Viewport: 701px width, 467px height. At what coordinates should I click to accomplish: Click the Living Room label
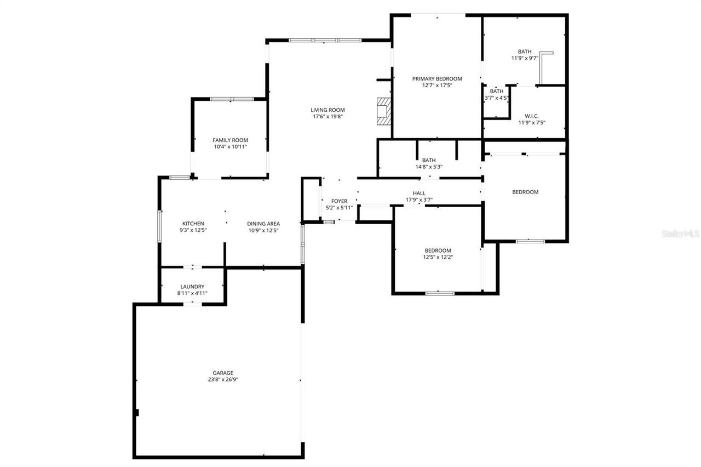click(329, 110)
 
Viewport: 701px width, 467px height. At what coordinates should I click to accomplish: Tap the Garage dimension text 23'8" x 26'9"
click(223, 379)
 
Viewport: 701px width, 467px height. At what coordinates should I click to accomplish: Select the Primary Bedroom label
click(437, 78)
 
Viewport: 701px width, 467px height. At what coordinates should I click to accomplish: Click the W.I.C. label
click(532, 116)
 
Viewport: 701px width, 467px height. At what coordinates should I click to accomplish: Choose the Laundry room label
click(192, 287)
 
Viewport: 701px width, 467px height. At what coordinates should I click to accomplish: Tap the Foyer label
click(339, 201)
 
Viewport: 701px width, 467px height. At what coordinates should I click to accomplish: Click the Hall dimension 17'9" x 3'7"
click(419, 200)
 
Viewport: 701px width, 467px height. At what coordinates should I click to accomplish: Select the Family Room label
click(231, 140)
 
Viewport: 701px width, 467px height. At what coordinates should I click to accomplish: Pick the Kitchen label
click(193, 224)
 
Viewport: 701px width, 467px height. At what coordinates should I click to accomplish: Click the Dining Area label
click(263, 224)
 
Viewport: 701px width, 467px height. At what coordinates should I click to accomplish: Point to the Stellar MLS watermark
click(681, 233)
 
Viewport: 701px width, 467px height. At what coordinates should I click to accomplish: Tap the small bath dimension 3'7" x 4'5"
click(497, 98)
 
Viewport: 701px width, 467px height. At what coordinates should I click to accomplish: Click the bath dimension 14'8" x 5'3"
click(429, 167)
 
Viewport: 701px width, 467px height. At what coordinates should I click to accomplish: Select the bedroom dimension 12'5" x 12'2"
click(438, 257)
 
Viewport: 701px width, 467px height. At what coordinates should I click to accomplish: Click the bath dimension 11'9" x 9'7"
click(525, 58)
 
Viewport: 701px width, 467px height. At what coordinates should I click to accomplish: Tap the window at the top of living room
click(325, 40)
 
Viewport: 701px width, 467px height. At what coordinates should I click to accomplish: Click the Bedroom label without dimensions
click(525, 192)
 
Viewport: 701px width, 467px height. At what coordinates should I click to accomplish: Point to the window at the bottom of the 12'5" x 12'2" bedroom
click(440, 293)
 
